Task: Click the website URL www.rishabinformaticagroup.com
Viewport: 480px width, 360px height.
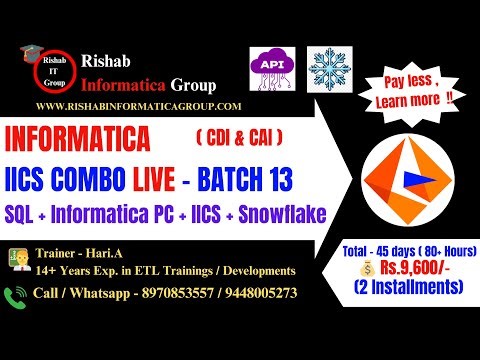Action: [x=139, y=106]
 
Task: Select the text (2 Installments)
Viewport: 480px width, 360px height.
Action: [x=410, y=287]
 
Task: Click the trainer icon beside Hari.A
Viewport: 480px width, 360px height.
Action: [x=17, y=259]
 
